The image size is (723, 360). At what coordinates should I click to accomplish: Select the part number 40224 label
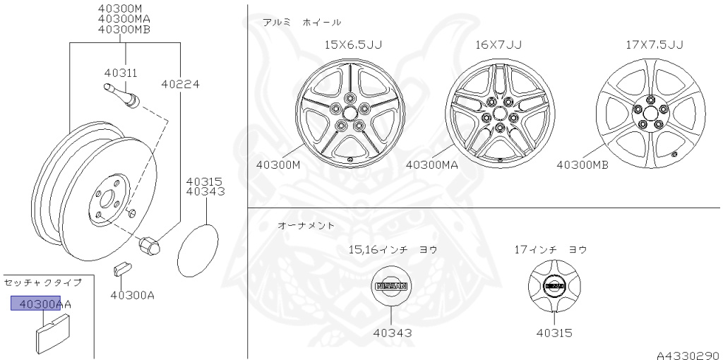tap(180, 83)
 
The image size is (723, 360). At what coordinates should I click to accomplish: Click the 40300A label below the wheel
tap(132, 294)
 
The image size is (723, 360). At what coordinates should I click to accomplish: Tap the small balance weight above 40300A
tap(121, 270)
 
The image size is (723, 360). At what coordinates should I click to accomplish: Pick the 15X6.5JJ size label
tap(353, 44)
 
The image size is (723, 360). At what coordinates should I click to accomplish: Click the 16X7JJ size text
tap(498, 44)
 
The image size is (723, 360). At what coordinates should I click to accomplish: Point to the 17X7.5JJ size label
tap(655, 44)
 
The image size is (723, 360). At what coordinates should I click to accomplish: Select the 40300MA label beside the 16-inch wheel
tap(432, 165)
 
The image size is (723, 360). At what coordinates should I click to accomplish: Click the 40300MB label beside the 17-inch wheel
tap(582, 165)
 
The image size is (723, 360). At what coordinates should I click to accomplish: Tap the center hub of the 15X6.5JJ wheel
tap(350, 116)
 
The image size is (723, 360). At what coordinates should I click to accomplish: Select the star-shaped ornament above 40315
tap(554, 287)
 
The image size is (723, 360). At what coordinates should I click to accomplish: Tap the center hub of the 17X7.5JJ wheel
tap(648, 115)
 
